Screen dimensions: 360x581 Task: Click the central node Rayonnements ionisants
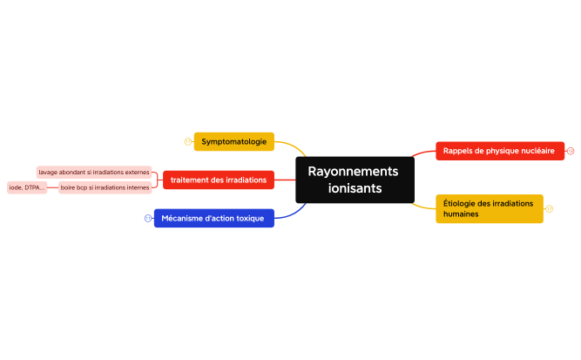(355, 180)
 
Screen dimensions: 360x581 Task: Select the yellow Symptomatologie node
(234, 141)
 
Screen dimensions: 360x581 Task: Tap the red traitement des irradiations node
(219, 180)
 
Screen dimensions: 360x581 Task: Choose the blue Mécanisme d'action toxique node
(213, 218)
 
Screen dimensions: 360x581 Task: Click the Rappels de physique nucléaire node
(499, 151)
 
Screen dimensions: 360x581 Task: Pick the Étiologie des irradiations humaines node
(489, 208)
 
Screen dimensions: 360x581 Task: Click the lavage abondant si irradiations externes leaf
(94, 173)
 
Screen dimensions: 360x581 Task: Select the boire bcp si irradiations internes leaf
(105, 187)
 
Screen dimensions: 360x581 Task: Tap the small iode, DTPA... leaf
(27, 187)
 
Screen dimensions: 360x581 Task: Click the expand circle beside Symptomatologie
(187, 141)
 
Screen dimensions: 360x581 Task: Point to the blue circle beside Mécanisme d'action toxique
(148, 218)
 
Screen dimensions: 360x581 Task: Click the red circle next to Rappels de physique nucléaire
(571, 151)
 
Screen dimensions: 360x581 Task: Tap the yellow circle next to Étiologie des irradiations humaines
(550, 208)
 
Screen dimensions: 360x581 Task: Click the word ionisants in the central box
(355, 188)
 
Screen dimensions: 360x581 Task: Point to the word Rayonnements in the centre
(353, 171)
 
